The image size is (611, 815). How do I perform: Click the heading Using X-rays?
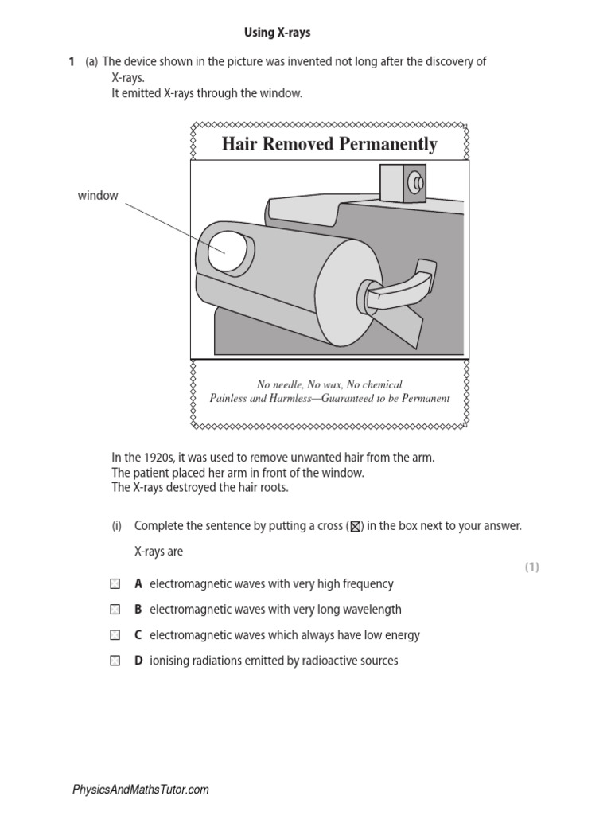click(277, 33)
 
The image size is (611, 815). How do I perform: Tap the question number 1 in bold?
click(72, 61)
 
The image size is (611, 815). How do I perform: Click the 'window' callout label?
click(98, 196)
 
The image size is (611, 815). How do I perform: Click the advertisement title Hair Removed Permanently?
click(329, 144)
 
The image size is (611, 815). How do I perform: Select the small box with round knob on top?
click(404, 183)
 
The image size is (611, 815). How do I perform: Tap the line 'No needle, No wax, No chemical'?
click(329, 384)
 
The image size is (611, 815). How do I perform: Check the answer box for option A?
click(115, 584)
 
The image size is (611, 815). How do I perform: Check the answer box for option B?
click(115, 610)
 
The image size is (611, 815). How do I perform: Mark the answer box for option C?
click(115, 635)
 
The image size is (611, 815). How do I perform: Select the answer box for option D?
click(115, 661)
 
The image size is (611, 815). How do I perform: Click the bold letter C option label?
click(138, 635)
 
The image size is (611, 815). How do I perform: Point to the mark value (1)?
click(531, 567)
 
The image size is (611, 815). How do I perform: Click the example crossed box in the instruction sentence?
click(356, 527)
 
